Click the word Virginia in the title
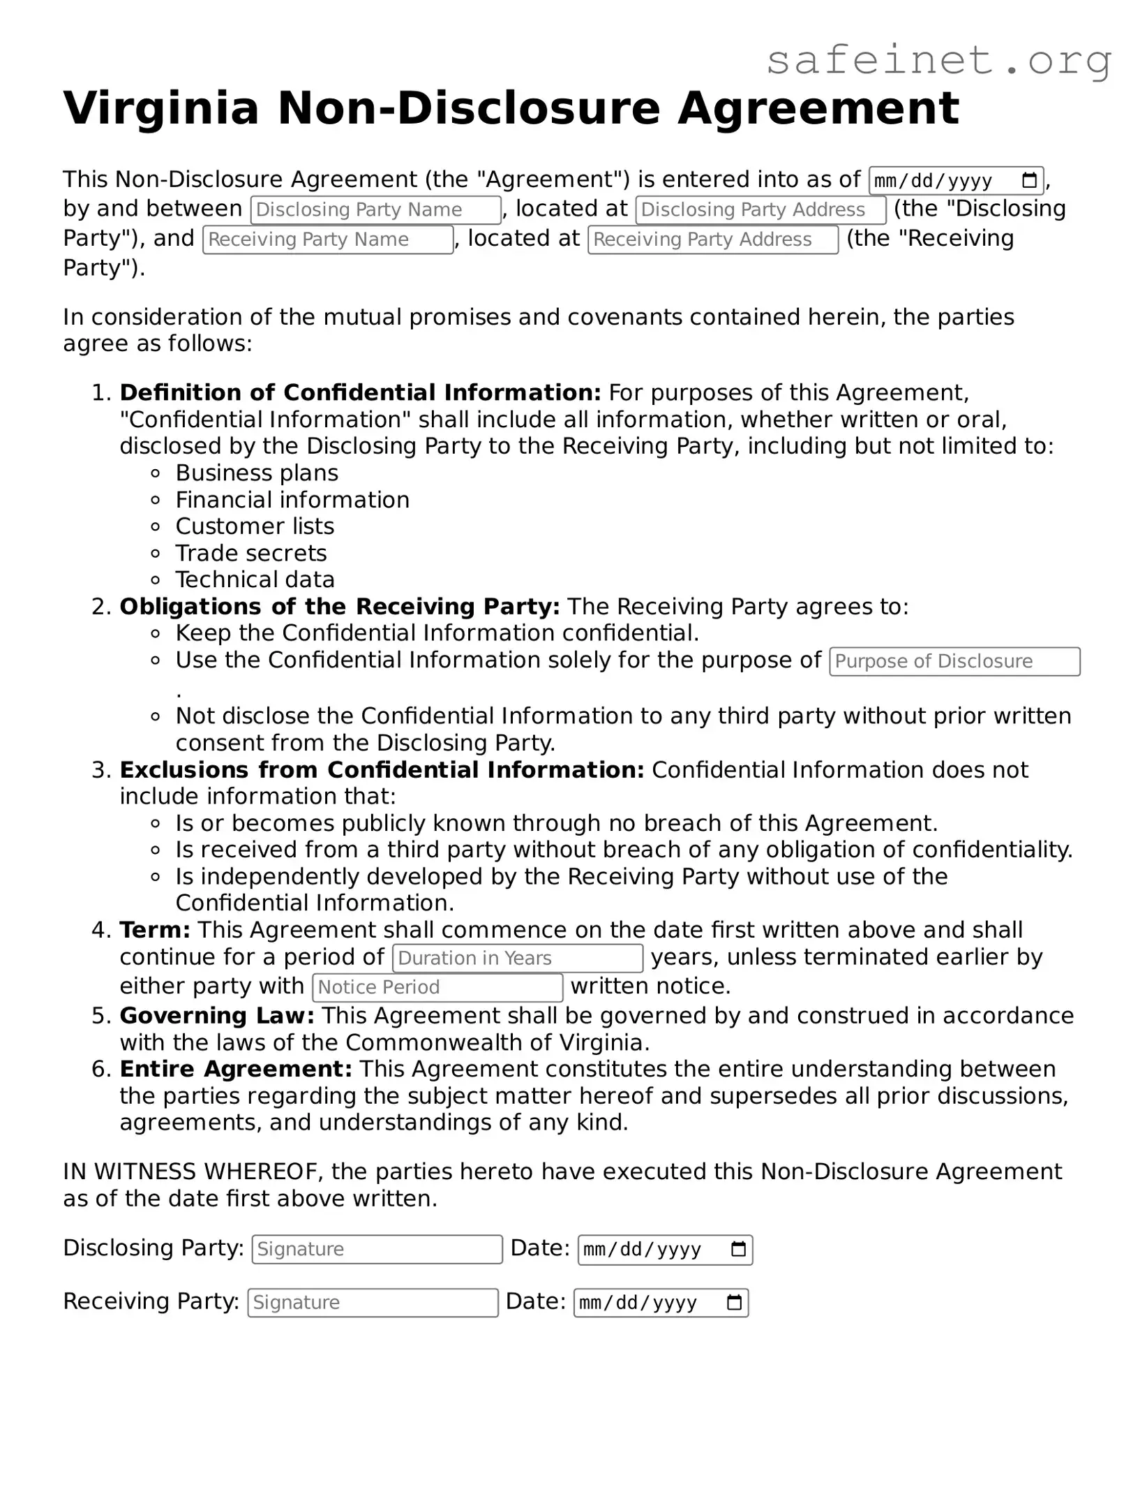[161, 109]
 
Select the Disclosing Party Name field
[375, 210]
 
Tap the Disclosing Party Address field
[760, 210]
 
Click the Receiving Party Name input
[327, 240]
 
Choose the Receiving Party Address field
[712, 240]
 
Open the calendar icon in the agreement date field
[1029, 181]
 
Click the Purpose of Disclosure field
[954, 662]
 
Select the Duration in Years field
[517, 959]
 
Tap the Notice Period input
[437, 988]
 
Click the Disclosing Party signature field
[377, 1250]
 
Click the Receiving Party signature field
[373, 1303]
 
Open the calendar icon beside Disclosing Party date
[738, 1250]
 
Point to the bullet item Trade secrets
[250, 554]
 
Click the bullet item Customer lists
[255, 526]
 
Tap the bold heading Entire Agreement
[235, 1070]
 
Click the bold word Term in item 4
[154, 931]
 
